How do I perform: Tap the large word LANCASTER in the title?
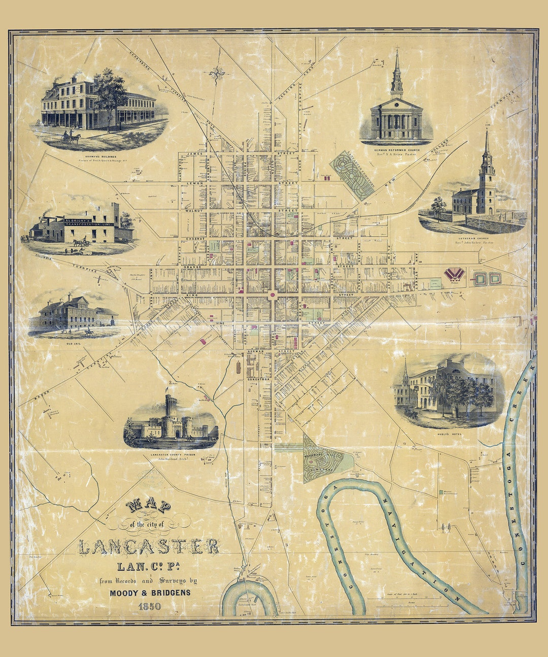click(x=149, y=546)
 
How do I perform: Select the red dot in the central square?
click(x=273, y=294)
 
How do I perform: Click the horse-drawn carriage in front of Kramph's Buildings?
click(x=71, y=137)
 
